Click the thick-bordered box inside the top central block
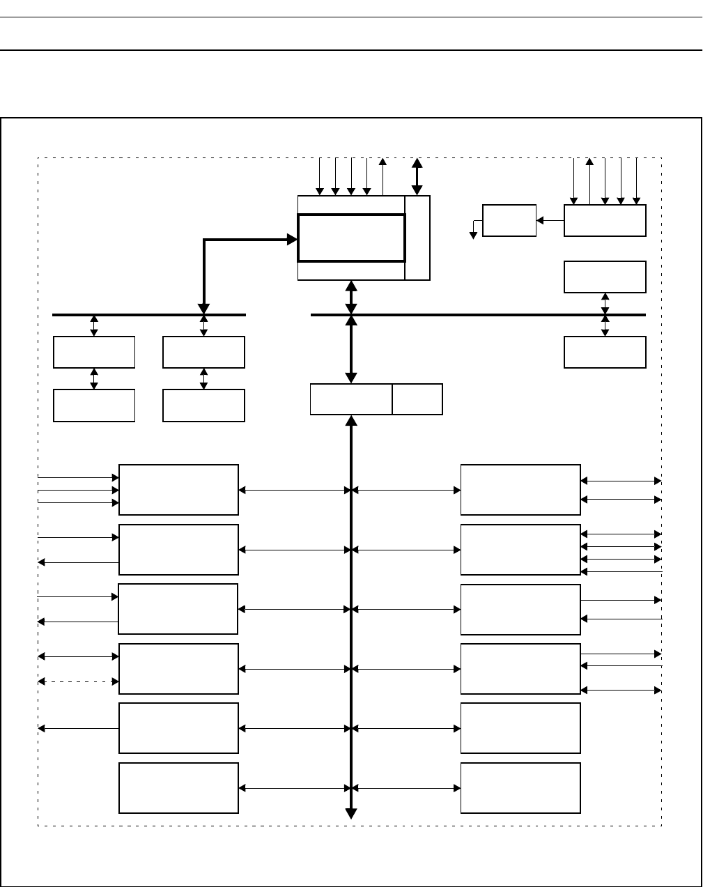point(351,238)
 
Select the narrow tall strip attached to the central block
point(417,238)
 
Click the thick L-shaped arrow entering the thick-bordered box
point(204,265)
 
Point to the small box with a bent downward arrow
point(509,220)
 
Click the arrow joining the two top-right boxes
point(550,220)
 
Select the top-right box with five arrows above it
point(605,220)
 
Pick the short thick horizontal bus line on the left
point(149,315)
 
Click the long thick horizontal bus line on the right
point(478,315)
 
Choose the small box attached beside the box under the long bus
point(417,399)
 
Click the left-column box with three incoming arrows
point(179,489)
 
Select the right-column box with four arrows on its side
point(520,550)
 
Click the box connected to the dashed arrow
point(179,669)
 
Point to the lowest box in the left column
point(179,788)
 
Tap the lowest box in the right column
point(520,788)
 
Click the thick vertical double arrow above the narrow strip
point(417,176)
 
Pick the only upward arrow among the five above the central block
point(383,176)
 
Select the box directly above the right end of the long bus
point(605,277)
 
